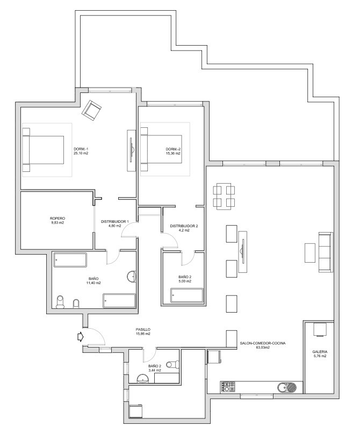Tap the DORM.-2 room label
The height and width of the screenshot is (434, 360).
click(x=172, y=149)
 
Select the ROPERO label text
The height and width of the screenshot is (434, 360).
click(x=57, y=218)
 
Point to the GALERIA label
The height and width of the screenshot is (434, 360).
click(x=320, y=351)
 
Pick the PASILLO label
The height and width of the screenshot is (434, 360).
click(x=143, y=329)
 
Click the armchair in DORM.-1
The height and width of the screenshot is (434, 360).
click(x=92, y=110)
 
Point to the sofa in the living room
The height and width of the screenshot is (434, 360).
click(x=326, y=251)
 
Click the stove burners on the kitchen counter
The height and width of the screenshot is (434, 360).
click(x=228, y=387)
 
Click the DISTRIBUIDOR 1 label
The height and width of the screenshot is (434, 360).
click(x=115, y=221)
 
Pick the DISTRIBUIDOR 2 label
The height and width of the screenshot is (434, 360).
click(x=184, y=226)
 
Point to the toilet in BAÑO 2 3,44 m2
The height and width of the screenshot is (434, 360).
click(x=171, y=365)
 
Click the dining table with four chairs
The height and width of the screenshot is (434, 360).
click(x=224, y=196)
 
